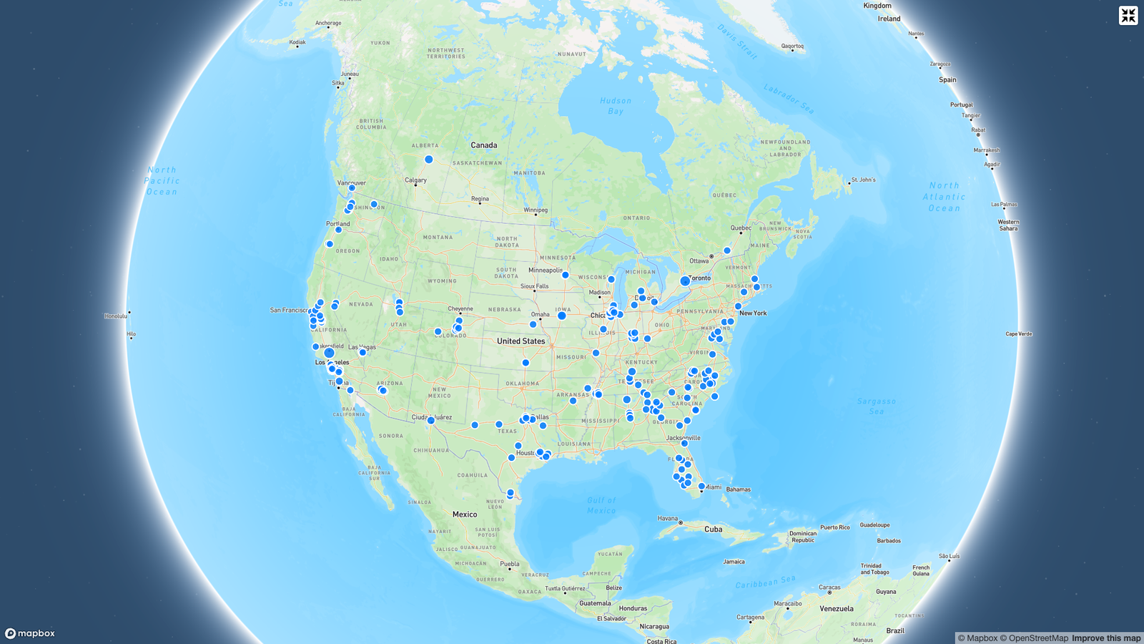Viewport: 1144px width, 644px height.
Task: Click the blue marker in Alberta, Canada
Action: pyautogui.click(x=429, y=160)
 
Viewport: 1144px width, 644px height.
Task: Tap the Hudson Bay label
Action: pyautogui.click(x=616, y=106)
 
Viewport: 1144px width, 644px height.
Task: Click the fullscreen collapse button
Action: pyautogui.click(x=1128, y=15)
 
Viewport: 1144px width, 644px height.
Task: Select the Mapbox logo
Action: pyautogui.click(x=30, y=633)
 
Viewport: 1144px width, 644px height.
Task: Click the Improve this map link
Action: pyautogui.click(x=1106, y=638)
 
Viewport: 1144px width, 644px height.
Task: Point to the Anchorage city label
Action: pyautogui.click(x=328, y=23)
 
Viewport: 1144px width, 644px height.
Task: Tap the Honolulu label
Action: pyautogui.click(x=115, y=316)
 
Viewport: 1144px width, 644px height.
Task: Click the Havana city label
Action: pyautogui.click(x=668, y=518)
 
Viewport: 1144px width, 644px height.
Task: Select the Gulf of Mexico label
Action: pyautogui.click(x=601, y=505)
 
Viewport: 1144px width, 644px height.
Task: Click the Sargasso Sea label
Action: pyautogui.click(x=877, y=406)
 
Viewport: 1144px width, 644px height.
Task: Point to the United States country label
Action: pyautogui.click(x=521, y=341)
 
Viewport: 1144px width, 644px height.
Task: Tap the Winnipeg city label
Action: pyautogui.click(x=536, y=210)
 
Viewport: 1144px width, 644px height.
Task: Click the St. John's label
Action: pyautogui.click(x=863, y=180)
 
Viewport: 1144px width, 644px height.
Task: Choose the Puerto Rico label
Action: pyautogui.click(x=835, y=527)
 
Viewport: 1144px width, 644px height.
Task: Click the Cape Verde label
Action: pyautogui.click(x=1019, y=333)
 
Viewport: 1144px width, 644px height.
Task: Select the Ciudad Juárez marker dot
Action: pyautogui.click(x=430, y=421)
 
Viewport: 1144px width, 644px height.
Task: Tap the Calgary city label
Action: pyautogui.click(x=415, y=180)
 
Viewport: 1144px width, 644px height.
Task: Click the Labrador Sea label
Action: pyautogui.click(x=789, y=99)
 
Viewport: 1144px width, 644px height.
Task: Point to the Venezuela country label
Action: pyautogui.click(x=837, y=609)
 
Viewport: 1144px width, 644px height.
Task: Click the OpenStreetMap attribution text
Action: pyautogui.click(x=1034, y=638)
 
